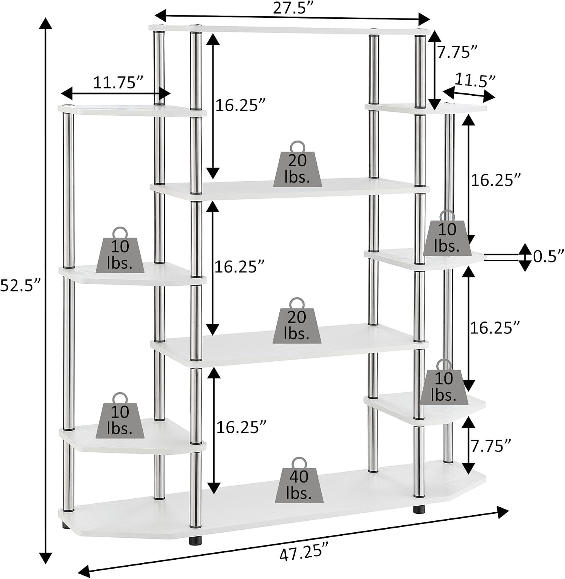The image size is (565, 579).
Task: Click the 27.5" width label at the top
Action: tap(293, 8)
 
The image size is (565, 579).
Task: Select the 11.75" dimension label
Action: tap(118, 83)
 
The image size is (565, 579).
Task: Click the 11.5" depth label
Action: tap(475, 80)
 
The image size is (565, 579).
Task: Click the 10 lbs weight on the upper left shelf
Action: tap(120, 250)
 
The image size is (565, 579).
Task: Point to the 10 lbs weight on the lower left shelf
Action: tap(120, 416)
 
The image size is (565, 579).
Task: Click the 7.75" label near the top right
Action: tap(457, 52)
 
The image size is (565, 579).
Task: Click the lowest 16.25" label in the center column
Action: tap(241, 427)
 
